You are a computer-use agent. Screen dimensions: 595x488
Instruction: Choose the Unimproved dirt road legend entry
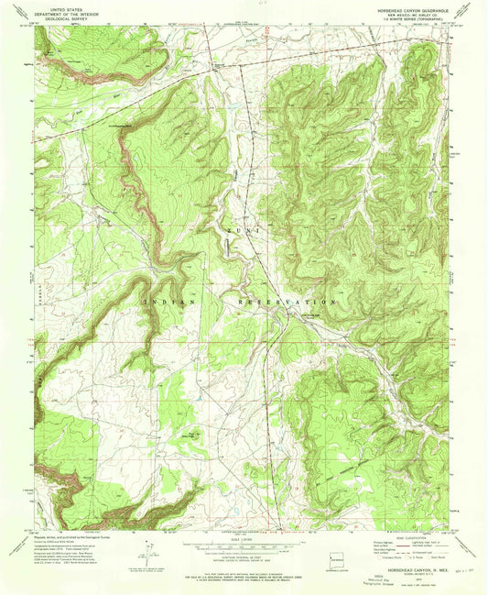(430, 549)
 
